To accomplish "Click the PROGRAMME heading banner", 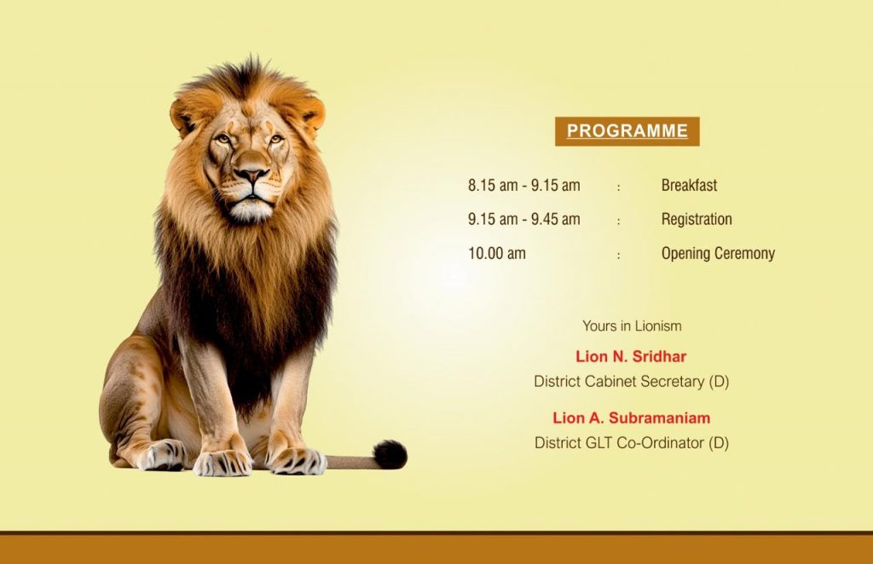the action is click(x=627, y=131).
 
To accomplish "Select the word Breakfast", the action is click(x=689, y=185).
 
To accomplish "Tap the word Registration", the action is click(x=697, y=220).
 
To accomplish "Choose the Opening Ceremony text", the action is click(x=718, y=254).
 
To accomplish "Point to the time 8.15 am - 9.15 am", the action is click(x=524, y=185).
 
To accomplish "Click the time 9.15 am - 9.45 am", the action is click(x=524, y=219).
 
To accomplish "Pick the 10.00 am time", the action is click(x=497, y=254).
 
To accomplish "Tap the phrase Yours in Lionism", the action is click(x=632, y=326).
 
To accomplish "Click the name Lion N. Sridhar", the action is click(x=631, y=356).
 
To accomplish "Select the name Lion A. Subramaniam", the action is click(x=632, y=417).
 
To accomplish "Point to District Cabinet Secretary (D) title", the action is click(x=632, y=382).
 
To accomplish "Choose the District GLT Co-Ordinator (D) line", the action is click(x=632, y=443).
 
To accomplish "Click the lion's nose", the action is click(x=251, y=176).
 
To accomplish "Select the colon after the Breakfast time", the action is click(x=619, y=187).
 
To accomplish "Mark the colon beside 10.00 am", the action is click(x=619, y=256).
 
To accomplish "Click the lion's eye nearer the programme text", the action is click(x=275, y=139).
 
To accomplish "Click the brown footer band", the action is click(x=436, y=549).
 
